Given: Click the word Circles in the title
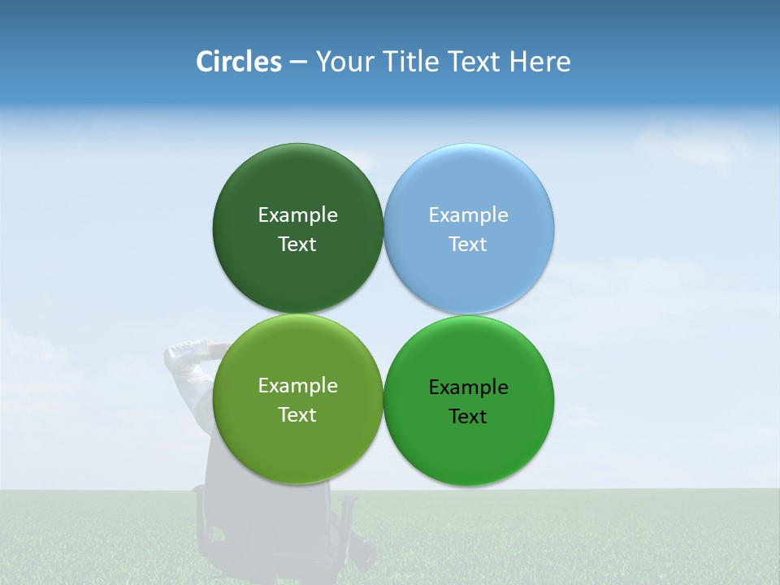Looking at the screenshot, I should coord(238,62).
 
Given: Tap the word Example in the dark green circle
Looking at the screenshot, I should coord(297,215).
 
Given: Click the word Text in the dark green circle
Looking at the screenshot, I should coord(297,245).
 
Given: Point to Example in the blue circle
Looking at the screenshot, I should coord(468,215).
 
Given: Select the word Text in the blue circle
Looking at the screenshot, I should coord(468,245).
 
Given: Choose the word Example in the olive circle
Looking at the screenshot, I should coord(297,386).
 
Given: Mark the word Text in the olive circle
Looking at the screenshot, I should coord(297,415).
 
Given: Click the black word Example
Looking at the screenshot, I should coord(468,388).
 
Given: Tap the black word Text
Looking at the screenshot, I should coord(468,417).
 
